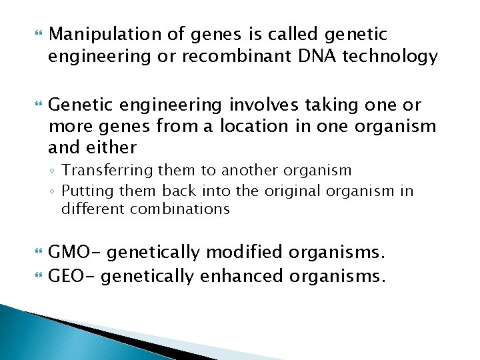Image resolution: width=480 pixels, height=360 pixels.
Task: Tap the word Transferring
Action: click(99, 171)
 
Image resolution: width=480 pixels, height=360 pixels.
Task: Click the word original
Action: click(291, 191)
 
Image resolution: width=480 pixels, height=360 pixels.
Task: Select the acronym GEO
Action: click(69, 275)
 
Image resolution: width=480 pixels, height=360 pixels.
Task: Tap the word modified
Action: click(244, 253)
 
